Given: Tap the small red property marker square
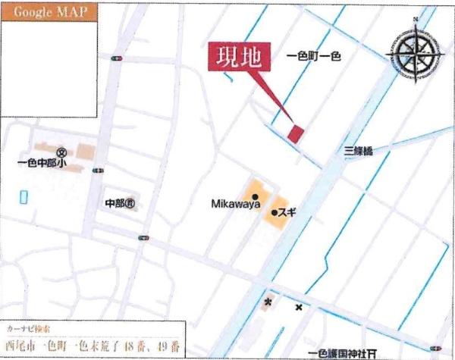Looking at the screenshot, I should point(295,133).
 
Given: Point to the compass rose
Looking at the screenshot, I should point(416,53).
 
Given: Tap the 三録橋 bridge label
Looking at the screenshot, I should point(359,151).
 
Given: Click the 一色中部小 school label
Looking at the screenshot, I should point(44,162).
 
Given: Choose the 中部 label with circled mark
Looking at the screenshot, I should point(120,203).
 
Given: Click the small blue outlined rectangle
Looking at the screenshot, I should point(23,196).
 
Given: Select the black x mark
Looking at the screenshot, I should point(299,307).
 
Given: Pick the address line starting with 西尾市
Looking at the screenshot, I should point(92,346).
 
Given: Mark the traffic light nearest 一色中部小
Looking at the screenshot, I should point(96,171).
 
